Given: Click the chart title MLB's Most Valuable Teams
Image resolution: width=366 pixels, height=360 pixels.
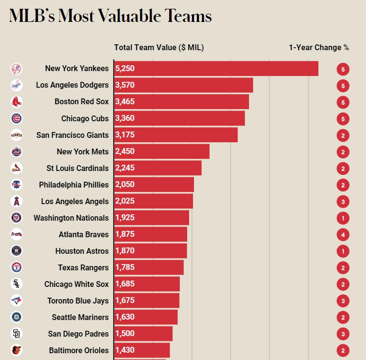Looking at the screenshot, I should tap(110, 17).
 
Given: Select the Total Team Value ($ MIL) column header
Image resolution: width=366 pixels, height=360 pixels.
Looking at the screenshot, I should tap(159, 47).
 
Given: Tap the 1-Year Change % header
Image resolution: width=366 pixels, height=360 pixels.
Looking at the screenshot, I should tap(319, 47).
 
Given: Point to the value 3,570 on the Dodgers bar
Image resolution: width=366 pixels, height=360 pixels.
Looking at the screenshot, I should tap(125, 85).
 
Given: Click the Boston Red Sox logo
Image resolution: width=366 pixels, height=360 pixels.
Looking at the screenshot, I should tap(16, 102).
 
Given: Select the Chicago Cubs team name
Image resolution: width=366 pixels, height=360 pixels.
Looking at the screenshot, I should tap(85, 118).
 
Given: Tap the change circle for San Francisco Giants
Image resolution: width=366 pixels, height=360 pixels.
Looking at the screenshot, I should tap(343, 135).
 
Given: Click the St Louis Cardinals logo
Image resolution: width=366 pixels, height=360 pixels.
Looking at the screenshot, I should tap(16, 168).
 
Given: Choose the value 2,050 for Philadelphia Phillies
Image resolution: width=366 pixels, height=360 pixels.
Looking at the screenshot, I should tap(125, 185).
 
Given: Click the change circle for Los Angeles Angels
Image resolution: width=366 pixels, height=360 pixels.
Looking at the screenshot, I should tap(343, 202).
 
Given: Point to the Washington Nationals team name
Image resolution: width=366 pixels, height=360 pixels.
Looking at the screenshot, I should tap(71, 218).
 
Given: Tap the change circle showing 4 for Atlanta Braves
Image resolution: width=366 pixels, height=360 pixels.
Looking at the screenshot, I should tap(343, 235).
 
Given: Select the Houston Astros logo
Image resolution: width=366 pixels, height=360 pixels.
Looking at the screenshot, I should tap(16, 251).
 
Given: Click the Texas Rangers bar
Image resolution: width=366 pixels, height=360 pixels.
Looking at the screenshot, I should tap(149, 267).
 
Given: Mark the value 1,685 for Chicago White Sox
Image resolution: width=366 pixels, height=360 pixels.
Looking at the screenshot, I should tap(125, 284).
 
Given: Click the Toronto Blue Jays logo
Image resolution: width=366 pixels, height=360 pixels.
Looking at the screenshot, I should tap(16, 301).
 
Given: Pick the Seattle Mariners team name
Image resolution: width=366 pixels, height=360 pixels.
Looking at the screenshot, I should tap(80, 317).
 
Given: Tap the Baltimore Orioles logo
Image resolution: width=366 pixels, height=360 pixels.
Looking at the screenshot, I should tap(16, 350).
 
